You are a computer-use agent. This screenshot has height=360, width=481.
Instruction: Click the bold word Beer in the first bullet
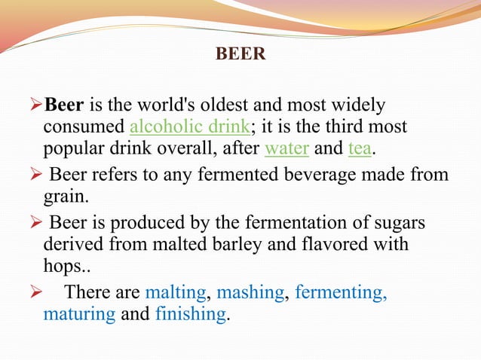point(65,106)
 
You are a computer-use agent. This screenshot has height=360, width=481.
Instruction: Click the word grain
point(63,197)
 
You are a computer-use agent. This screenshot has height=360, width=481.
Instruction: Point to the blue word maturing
point(79,314)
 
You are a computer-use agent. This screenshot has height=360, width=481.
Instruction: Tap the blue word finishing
point(190,314)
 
